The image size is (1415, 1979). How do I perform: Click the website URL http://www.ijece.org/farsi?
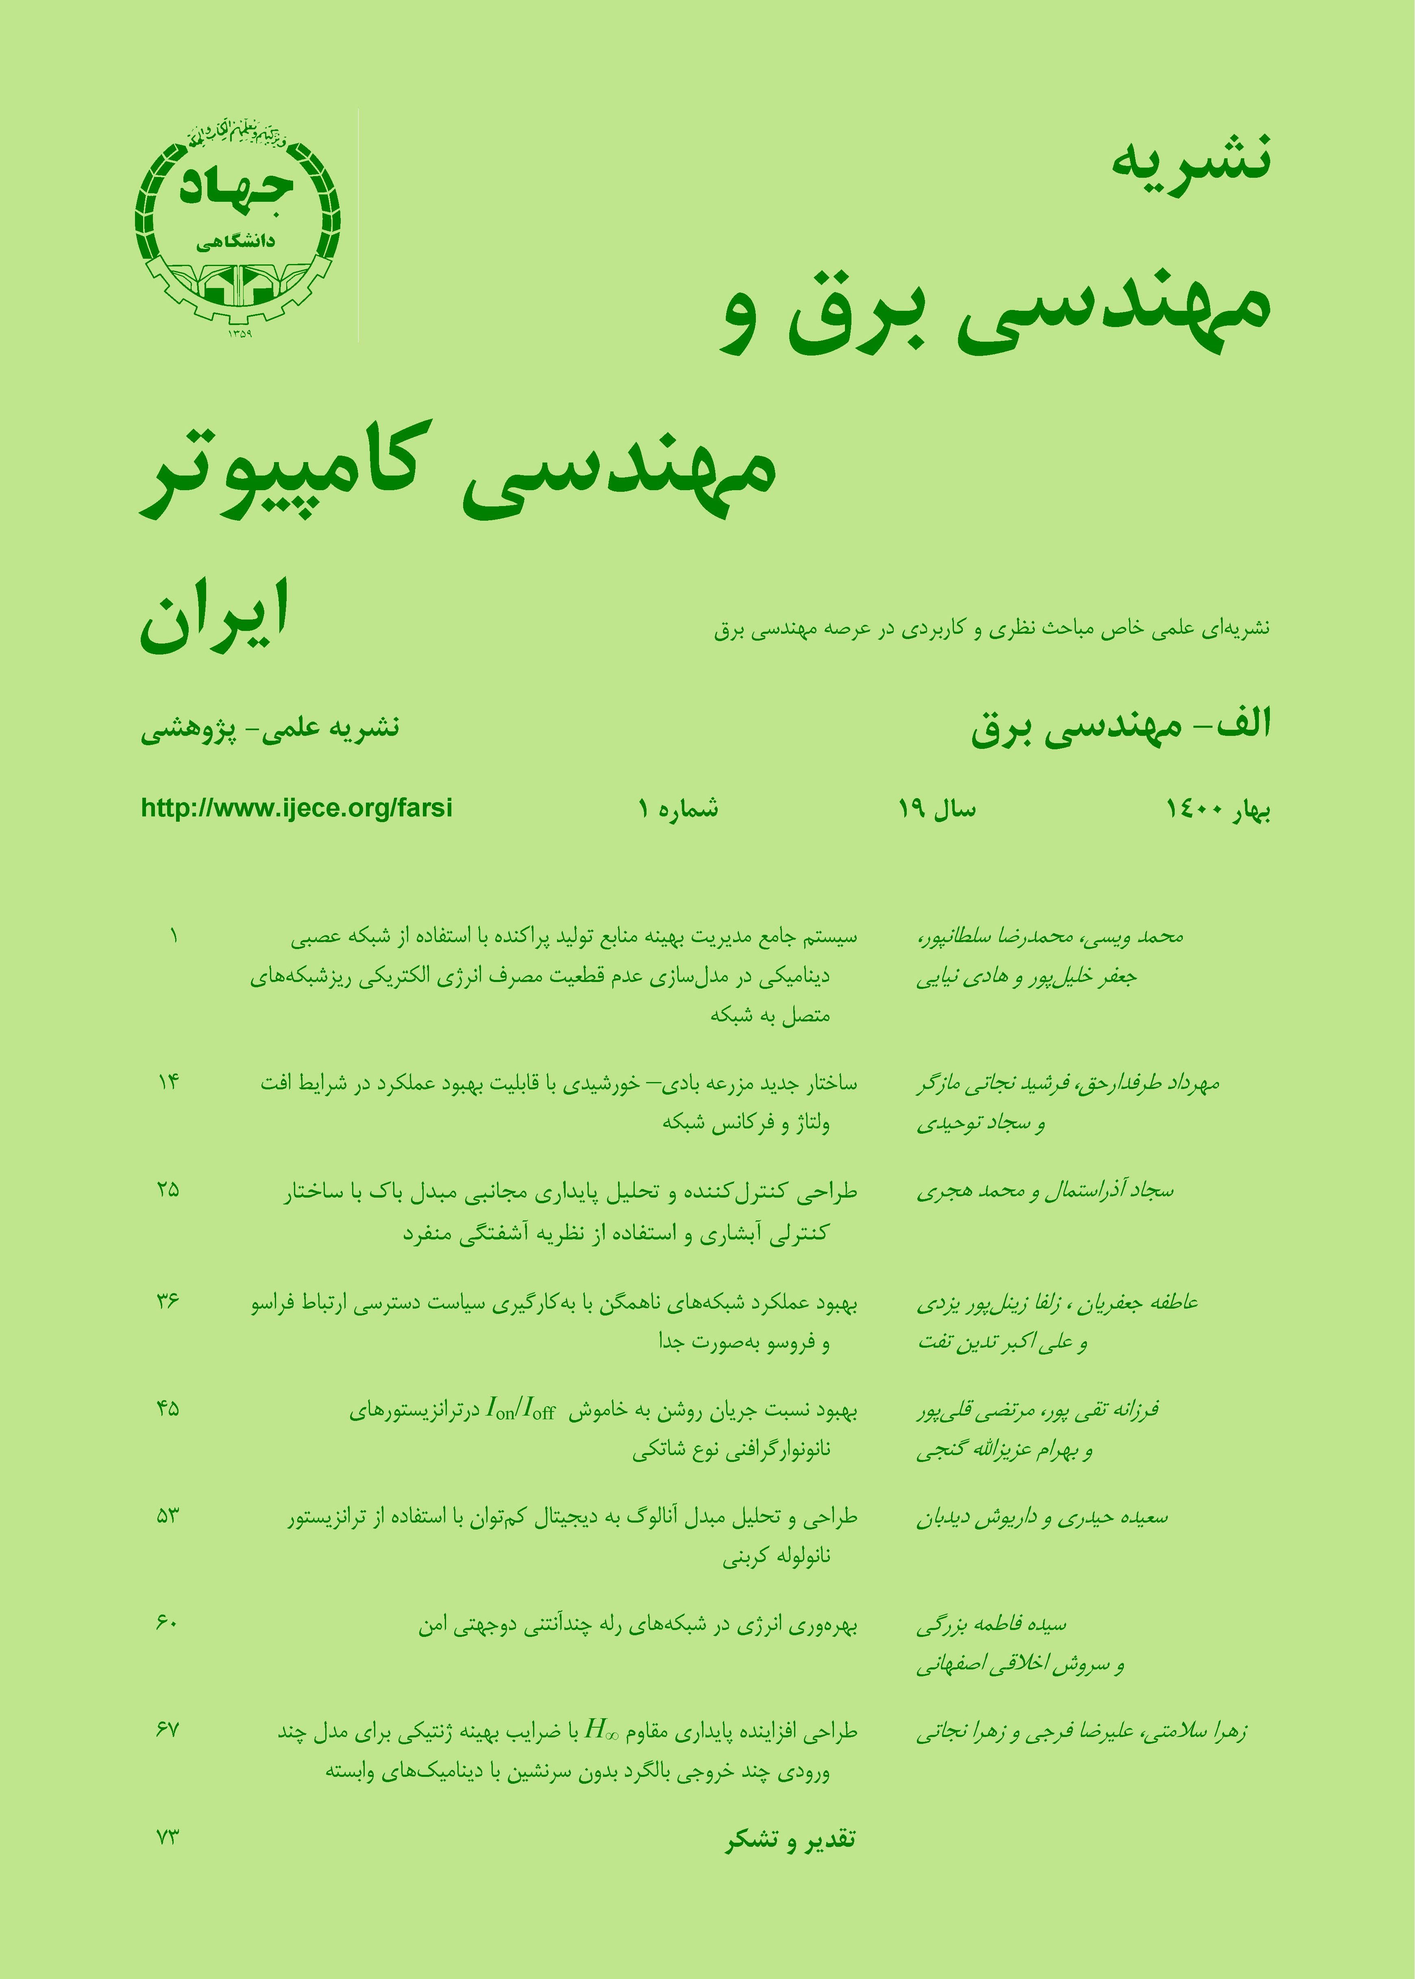coord(296,808)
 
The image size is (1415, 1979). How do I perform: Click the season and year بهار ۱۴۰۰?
coord(1217,810)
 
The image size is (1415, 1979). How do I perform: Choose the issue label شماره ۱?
coord(678,810)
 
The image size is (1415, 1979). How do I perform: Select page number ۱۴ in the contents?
coord(168,1083)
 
